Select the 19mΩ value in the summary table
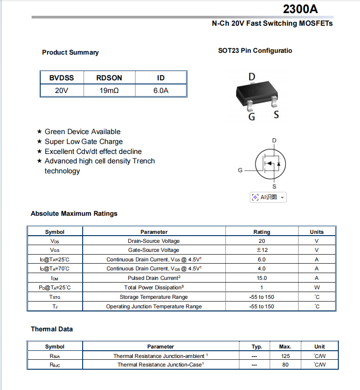(109, 91)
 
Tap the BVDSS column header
(61, 78)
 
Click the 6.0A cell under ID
(161, 91)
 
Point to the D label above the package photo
(252, 77)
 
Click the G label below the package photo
(252, 117)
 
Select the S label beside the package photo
(276, 115)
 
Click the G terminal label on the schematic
(240, 170)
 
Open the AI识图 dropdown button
(268, 197)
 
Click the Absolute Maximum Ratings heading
(74, 214)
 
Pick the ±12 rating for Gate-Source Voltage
(262, 250)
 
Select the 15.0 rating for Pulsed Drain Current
(262, 278)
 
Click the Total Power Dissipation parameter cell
(154, 288)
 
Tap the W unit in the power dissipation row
(317, 288)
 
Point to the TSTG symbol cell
(55, 297)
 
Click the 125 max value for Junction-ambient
(285, 356)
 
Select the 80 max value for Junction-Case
(285, 365)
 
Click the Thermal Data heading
(52, 329)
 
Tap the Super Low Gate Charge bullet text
(84, 142)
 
